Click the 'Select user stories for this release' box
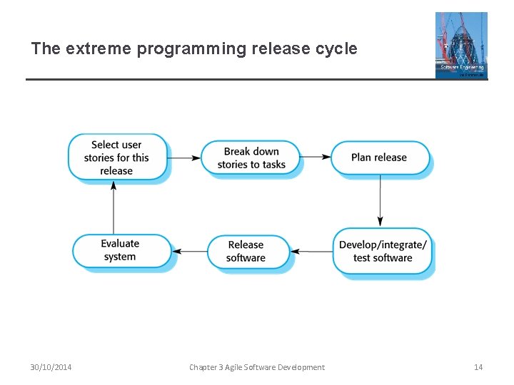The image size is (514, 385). [116, 157]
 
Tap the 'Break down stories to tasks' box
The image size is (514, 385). [251, 158]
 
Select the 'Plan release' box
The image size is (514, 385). [379, 158]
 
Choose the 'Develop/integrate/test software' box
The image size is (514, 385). [383, 251]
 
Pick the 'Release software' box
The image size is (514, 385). [246, 251]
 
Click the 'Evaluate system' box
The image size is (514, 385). [120, 250]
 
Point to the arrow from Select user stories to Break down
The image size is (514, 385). [184, 158]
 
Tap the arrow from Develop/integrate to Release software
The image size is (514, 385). [311, 251]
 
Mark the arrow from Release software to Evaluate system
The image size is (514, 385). [189, 251]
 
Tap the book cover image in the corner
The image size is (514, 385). [461, 45]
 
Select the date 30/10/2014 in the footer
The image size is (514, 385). [51, 367]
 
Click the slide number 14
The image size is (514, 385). [478, 367]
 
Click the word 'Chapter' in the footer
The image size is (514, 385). [204, 367]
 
